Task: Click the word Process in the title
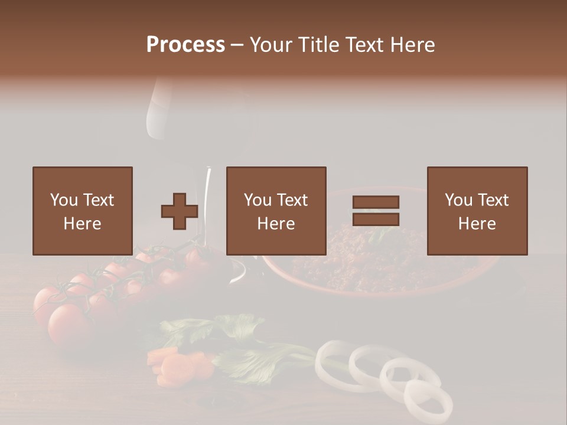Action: [x=185, y=45]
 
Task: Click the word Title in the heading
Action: [x=318, y=45]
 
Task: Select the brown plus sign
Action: [x=180, y=211]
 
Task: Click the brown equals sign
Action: [x=376, y=211]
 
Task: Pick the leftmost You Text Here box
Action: [x=82, y=211]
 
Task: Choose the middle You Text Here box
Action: [x=276, y=211]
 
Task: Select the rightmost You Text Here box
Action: [x=477, y=211]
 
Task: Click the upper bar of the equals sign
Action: [x=376, y=202]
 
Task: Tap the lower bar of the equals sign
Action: [x=376, y=220]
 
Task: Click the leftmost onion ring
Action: [x=334, y=360]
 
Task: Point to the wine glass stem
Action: [x=208, y=201]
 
